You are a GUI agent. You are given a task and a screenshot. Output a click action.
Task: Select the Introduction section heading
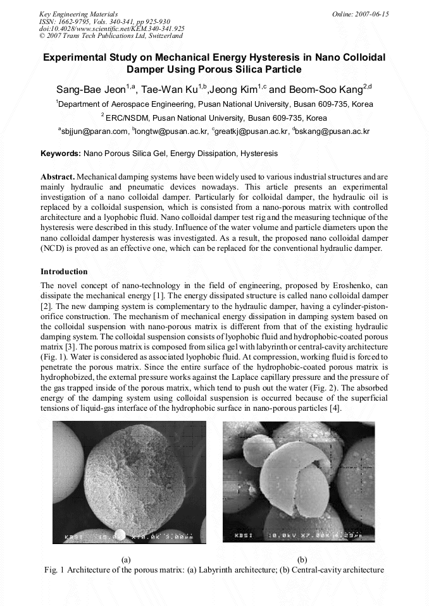click(x=64, y=272)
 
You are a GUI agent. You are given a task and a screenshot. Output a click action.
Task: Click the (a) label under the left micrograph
click(x=126, y=559)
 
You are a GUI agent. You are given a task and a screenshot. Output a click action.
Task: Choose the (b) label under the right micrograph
click(x=302, y=559)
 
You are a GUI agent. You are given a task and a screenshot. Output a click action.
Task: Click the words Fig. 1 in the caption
click(x=55, y=569)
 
